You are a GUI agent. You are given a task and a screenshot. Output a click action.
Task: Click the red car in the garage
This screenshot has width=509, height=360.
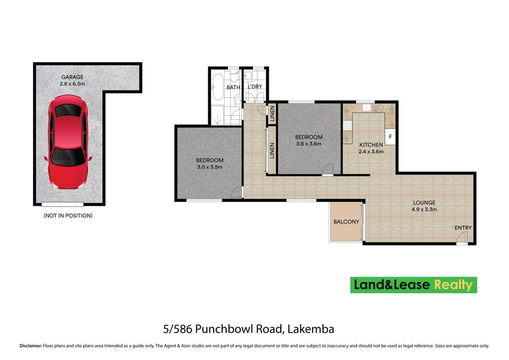[x=68, y=142]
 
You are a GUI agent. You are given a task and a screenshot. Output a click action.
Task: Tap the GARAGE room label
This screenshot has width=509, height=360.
[x=73, y=77]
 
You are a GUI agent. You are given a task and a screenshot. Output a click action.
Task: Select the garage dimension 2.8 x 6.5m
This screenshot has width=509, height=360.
[x=73, y=84]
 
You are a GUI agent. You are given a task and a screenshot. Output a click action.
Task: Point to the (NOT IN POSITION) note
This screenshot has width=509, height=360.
[x=68, y=215]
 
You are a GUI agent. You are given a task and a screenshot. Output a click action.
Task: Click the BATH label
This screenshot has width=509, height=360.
[x=234, y=87]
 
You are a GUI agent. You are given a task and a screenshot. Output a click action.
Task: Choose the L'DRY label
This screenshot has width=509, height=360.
[x=255, y=87]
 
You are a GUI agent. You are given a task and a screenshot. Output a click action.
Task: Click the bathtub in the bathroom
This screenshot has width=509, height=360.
[x=218, y=87]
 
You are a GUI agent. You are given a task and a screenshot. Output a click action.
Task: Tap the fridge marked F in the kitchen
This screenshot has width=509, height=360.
[x=390, y=137]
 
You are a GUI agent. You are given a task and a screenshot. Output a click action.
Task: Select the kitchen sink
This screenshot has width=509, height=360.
[x=366, y=107]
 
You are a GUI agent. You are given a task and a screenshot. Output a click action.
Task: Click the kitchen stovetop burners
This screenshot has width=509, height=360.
[x=347, y=125]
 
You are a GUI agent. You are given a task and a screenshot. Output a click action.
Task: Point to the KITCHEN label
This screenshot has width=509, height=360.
[x=371, y=145]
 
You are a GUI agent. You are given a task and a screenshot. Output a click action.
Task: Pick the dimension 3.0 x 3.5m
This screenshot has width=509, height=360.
[x=210, y=167]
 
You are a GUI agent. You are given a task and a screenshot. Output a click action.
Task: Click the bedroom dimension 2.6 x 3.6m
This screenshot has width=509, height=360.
[x=309, y=144]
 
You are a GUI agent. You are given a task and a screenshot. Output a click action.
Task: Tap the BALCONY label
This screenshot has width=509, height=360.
[x=346, y=222]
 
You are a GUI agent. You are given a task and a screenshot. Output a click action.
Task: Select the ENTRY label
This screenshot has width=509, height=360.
[x=463, y=228]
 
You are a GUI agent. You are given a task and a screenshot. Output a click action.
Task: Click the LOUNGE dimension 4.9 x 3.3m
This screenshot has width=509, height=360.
[x=424, y=209]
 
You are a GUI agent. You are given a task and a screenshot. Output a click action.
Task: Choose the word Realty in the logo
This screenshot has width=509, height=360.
[x=453, y=285]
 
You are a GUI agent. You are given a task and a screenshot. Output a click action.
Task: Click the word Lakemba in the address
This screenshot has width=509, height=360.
[x=311, y=329]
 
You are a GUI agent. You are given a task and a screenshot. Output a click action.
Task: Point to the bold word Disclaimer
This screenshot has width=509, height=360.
[x=31, y=346]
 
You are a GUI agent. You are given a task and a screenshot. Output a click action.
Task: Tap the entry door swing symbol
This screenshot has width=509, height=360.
[x=462, y=238]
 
